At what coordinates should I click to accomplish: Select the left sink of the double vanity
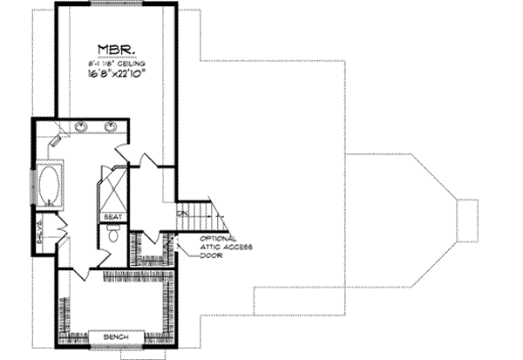pos(83,129)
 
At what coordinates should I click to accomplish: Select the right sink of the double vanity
pos(111,129)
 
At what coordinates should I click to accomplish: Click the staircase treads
pos(201,212)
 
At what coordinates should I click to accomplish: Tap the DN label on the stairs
pos(182,212)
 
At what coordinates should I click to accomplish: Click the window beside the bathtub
pos(36,185)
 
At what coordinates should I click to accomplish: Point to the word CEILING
pos(128,64)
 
